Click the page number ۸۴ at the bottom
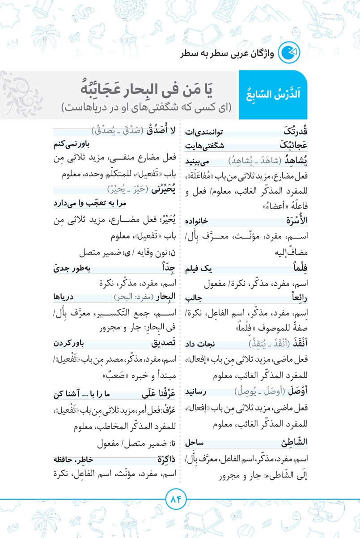178,498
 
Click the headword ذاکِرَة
162,460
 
